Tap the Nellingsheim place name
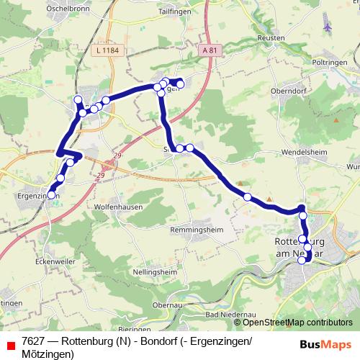click(154, 273)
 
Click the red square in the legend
click(10, 341)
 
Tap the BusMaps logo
click(325, 344)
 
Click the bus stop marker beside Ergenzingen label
click(51, 194)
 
